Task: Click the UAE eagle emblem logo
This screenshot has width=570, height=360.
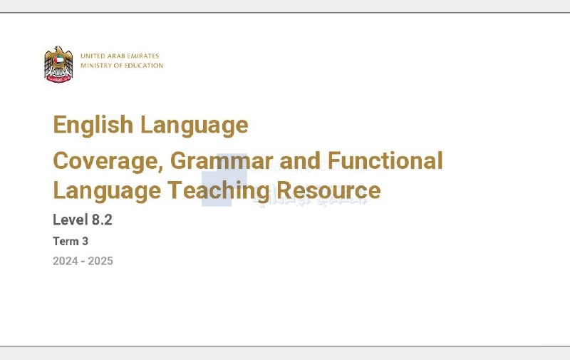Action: pos(58,64)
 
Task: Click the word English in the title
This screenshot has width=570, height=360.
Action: pos(93,125)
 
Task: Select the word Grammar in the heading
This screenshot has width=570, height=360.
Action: pos(222,160)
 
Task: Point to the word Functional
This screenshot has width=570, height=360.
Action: pos(385,160)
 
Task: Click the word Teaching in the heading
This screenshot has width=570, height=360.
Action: pos(219,191)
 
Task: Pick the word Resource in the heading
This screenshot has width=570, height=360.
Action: pos(328,190)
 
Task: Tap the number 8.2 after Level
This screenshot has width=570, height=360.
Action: pos(102,220)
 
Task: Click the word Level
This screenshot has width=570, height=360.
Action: pos(71,220)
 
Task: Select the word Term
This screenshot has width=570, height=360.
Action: pos(66,241)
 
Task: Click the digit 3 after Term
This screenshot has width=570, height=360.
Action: pos(85,241)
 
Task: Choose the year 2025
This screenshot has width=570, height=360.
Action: pos(100,261)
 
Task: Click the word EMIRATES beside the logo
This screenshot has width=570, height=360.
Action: pos(143,56)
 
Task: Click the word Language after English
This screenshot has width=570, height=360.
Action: pos(194,125)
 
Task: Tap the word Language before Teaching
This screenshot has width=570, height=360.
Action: pos(107,191)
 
